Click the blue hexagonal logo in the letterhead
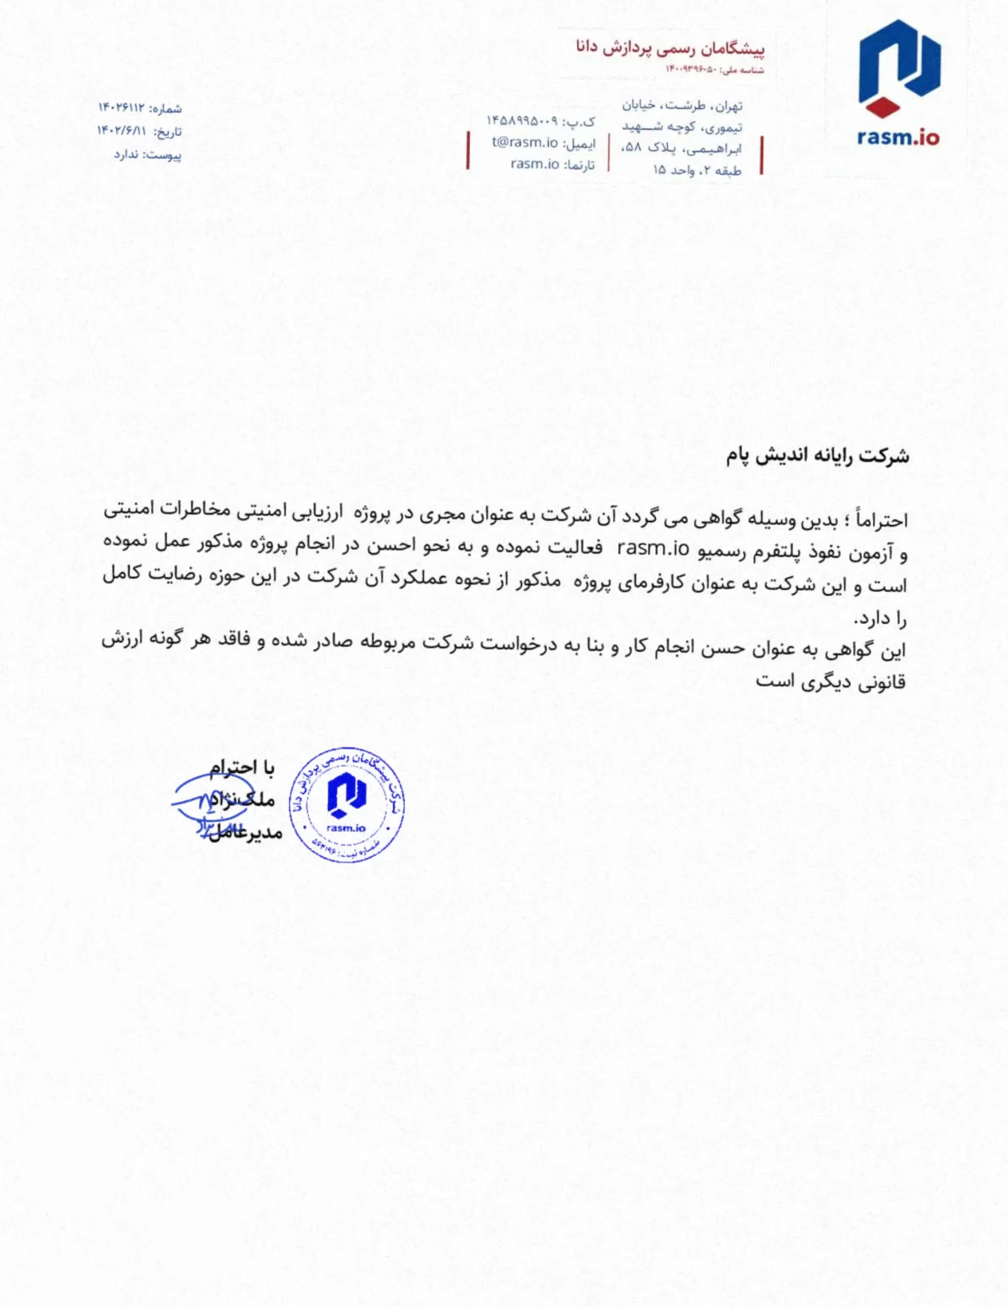(x=900, y=63)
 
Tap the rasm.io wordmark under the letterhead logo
(x=898, y=138)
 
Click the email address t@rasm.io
(x=525, y=143)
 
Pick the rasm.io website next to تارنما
(x=535, y=164)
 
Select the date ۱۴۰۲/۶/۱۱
(x=122, y=131)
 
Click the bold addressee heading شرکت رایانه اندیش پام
(x=818, y=456)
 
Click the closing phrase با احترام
(x=242, y=768)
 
